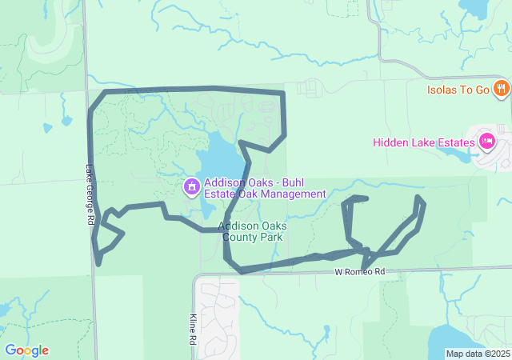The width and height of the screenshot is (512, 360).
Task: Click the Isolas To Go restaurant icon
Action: pyautogui.click(x=502, y=88)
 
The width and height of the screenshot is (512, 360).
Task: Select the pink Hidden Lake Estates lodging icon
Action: pyautogui.click(x=486, y=142)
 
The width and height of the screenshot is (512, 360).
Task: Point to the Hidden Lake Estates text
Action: pyautogui.click(x=423, y=143)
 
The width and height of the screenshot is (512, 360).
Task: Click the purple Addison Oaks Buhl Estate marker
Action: pyautogui.click(x=192, y=187)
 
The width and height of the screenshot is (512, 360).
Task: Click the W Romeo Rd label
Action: pyautogui.click(x=360, y=272)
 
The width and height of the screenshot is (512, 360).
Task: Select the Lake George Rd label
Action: pyautogui.click(x=90, y=194)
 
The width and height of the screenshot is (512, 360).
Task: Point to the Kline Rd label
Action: pyautogui.click(x=194, y=328)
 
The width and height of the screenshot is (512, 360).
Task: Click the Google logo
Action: pyautogui.click(x=26, y=350)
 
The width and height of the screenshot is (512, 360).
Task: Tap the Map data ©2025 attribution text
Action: pyautogui.click(x=478, y=354)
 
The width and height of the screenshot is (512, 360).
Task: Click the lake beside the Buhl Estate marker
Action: pyautogui.click(x=220, y=156)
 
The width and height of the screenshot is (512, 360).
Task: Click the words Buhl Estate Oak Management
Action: pyautogui.click(x=264, y=194)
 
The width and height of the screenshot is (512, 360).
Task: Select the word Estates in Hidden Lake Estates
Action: pyautogui.click(x=457, y=143)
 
